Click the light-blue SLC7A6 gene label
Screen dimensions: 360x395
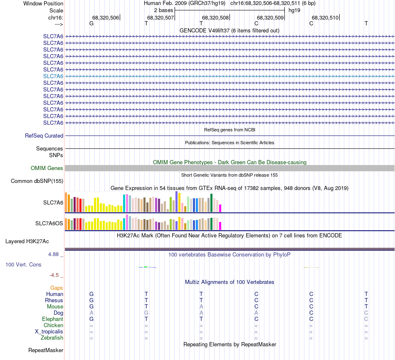coord(53,76)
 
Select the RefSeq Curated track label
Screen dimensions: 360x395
coord(44,136)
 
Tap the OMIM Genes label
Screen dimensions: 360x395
coord(47,168)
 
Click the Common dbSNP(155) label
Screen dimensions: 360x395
coord(37,181)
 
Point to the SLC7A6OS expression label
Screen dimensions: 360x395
coord(49,224)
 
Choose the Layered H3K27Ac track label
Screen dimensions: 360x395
coord(27,241)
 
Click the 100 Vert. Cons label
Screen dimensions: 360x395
coord(23,264)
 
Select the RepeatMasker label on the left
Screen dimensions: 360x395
coord(46,350)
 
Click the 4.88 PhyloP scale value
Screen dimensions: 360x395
coord(54,254)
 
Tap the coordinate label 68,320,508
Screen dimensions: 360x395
coord(215,17)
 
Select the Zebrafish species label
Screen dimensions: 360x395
coord(52,338)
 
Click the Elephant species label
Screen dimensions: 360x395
coord(52,319)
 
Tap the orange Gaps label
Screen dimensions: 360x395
coord(57,288)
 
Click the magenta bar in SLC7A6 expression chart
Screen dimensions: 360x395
coord(220,208)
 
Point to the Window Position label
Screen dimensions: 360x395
coord(43,3)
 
